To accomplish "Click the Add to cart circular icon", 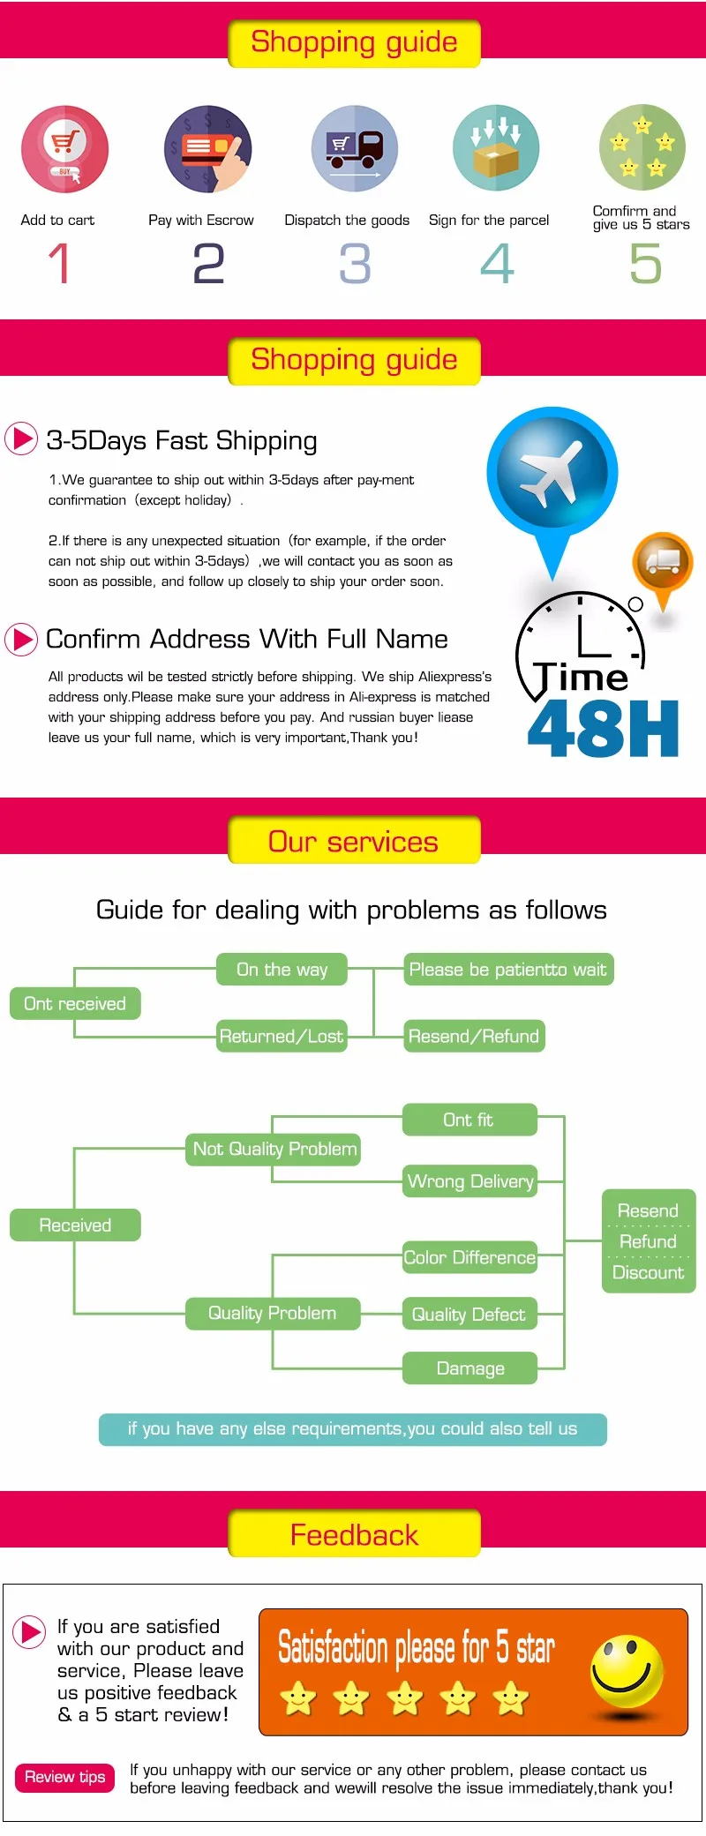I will pyautogui.click(x=64, y=149).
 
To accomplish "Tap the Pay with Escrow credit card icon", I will pyautogui.click(x=208, y=149).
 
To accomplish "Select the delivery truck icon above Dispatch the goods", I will pyautogui.click(x=355, y=149).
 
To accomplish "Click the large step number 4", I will pyautogui.click(x=497, y=264).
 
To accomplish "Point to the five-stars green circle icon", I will pyautogui.click(x=642, y=147).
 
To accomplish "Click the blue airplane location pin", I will pyautogui.click(x=552, y=475).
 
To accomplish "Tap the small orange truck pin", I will pyautogui.click(x=663, y=563).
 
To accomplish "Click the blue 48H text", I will pyautogui.click(x=603, y=730).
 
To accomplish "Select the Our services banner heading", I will pyautogui.click(x=354, y=841).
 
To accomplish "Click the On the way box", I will pyautogui.click(x=282, y=970).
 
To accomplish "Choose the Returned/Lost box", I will pyautogui.click(x=282, y=1036).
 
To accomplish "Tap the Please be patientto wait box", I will pyautogui.click(x=507, y=970).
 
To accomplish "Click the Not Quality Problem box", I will pyautogui.click(x=274, y=1149).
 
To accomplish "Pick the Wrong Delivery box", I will pyautogui.click(x=470, y=1181).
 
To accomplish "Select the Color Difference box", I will pyautogui.click(x=469, y=1257).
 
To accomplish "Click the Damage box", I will pyautogui.click(x=470, y=1368).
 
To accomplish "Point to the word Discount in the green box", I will pyautogui.click(x=649, y=1273).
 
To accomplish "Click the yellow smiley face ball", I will pyautogui.click(x=627, y=1671).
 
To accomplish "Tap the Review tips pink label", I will pyautogui.click(x=64, y=1777).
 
